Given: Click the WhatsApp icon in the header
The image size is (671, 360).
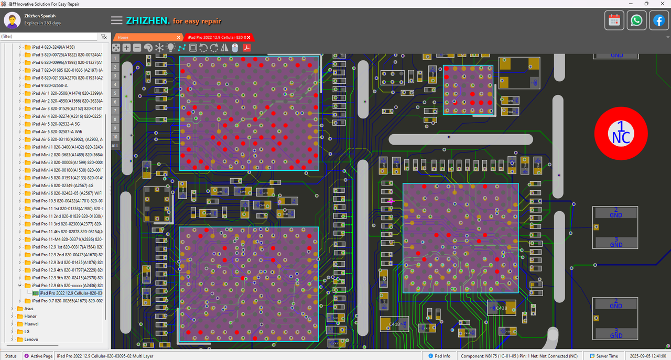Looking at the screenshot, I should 636,20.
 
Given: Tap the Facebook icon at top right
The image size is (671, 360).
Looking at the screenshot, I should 658,20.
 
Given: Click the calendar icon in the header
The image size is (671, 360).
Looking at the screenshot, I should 614,20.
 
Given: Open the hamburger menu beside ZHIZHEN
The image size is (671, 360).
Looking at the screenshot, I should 117,20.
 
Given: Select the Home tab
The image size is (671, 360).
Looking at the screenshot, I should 123,37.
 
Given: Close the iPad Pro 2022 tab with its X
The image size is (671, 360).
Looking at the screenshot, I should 251,37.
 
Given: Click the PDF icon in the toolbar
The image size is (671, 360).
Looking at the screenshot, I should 246,48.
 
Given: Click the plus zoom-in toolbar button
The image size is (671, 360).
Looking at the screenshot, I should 126,48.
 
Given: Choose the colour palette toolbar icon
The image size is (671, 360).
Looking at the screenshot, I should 148,48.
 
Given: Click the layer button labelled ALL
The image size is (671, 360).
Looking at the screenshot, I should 115,146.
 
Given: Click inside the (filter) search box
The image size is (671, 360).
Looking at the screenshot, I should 49,37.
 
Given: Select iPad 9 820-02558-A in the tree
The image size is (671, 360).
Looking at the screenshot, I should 50,85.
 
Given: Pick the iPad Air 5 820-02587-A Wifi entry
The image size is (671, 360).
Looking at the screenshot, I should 57,132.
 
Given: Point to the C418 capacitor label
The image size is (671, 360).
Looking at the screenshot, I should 394,324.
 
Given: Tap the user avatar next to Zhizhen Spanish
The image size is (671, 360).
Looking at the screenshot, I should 13,20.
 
